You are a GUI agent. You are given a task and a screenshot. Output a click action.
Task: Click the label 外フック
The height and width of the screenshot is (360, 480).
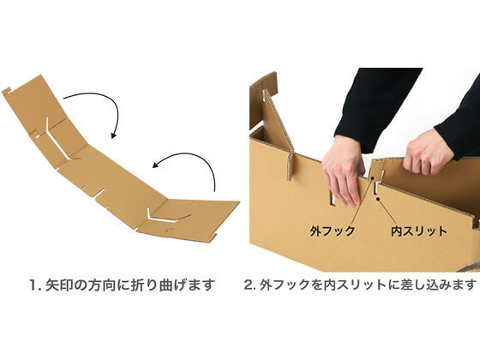(333, 231)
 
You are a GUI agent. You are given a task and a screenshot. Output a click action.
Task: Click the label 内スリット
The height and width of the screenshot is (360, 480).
(419, 231)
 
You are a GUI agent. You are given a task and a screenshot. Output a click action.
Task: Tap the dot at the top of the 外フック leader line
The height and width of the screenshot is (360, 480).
(373, 178)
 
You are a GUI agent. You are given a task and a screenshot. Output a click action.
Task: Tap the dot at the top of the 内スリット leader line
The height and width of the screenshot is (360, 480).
(378, 199)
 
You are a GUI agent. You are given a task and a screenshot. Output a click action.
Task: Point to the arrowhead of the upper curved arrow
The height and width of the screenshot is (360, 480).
(113, 135)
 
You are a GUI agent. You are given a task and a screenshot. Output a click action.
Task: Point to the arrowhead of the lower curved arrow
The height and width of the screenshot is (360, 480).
(156, 165)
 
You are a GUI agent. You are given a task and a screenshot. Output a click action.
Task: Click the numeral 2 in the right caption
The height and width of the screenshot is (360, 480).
(248, 285)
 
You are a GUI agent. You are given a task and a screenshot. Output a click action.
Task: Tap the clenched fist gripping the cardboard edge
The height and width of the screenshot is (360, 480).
(428, 153)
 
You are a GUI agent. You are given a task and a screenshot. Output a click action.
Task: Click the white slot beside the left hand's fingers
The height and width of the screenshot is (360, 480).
(333, 198)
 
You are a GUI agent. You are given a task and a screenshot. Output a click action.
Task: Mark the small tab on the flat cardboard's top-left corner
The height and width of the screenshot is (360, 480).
(7, 91)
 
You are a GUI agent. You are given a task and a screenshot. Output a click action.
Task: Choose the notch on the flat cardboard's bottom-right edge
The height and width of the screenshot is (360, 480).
(212, 237)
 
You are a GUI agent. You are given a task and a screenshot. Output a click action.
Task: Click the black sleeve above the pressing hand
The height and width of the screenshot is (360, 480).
(375, 107)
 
